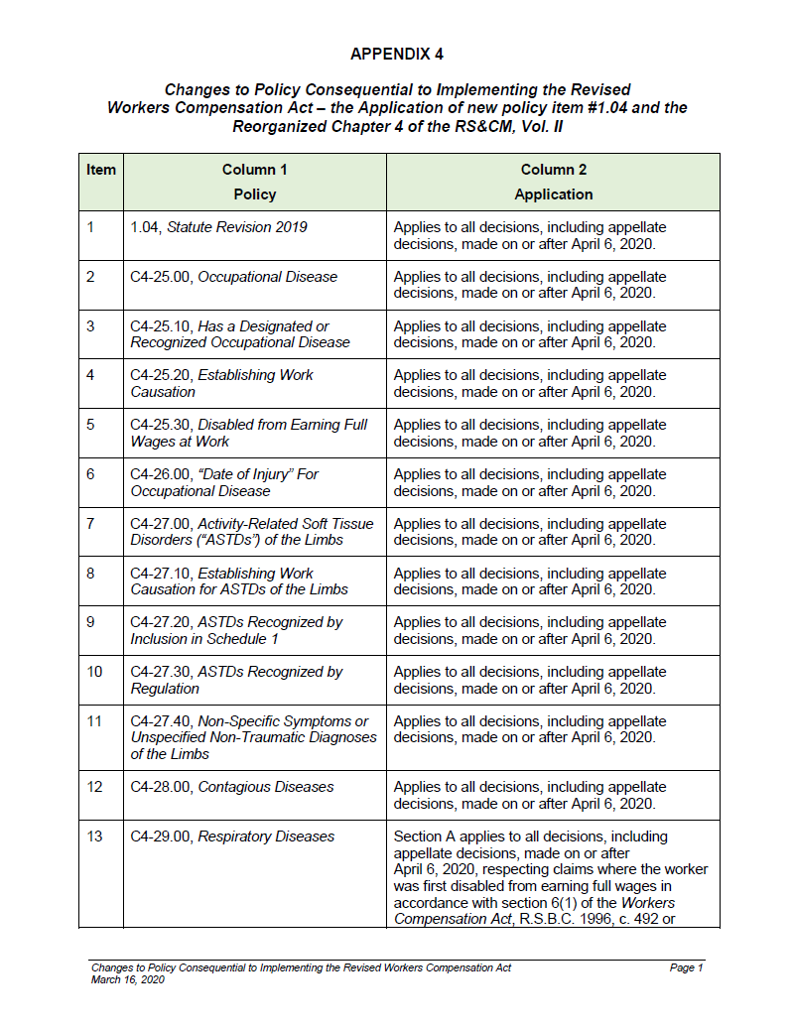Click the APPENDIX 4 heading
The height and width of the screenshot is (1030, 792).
click(x=396, y=54)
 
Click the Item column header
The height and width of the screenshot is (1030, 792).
click(x=101, y=170)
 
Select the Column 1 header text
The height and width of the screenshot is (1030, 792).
click(x=255, y=170)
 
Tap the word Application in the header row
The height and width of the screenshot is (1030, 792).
click(x=553, y=194)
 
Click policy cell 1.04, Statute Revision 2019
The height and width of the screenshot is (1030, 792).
click(x=219, y=227)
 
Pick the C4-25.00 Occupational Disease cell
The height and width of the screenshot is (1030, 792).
click(x=234, y=277)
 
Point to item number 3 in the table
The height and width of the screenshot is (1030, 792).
click(x=90, y=326)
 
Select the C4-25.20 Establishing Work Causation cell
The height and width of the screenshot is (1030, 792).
click(x=221, y=383)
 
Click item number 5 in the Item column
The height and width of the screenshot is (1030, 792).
click(x=90, y=425)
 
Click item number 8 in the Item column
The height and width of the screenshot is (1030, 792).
click(x=90, y=574)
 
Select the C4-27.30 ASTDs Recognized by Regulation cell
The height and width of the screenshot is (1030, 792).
click(x=236, y=680)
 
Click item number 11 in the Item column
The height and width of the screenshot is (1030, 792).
click(x=94, y=721)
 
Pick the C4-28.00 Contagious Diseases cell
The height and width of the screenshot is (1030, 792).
click(x=232, y=787)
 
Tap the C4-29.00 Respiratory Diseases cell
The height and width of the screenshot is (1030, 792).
click(x=232, y=837)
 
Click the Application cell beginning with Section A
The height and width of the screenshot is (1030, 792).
click(x=551, y=877)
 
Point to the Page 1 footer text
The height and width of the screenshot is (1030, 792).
click(x=686, y=967)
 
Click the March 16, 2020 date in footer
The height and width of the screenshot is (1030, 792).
click(x=127, y=979)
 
